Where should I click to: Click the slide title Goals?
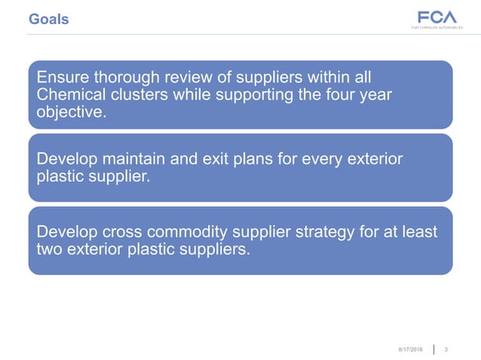pyautogui.click(x=48, y=19)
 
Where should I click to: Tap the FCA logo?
pyautogui.click(x=436, y=18)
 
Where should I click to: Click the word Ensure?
pyautogui.click(x=62, y=78)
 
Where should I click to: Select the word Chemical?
pyautogui.click(x=70, y=96)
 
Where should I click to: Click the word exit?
pyautogui.click(x=212, y=160)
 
